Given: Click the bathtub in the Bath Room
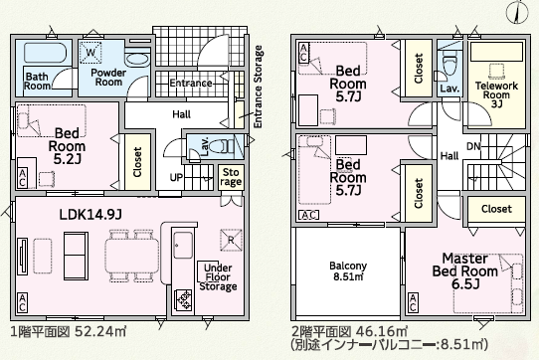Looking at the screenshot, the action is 46,53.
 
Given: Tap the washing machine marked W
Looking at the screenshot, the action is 90,53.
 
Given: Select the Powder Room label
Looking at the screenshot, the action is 108,78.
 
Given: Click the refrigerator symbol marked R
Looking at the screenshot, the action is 231,240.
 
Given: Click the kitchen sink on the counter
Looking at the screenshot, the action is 183,245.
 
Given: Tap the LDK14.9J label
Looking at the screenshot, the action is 90,215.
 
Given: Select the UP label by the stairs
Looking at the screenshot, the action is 176,177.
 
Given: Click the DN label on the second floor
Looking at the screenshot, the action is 473,146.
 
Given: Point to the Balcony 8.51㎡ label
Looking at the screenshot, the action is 348,270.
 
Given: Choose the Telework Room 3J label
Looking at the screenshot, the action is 496,94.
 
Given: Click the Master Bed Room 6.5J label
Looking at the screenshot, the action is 465,270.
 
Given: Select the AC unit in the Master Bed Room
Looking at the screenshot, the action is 413,303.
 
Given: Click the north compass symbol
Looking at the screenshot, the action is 517,11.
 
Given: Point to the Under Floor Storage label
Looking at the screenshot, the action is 218,277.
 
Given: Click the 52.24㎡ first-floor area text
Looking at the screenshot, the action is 100,332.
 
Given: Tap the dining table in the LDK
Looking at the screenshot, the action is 132,256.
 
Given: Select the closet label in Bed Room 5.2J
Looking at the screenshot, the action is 137,162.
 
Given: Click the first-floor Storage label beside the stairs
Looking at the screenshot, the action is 231,177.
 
